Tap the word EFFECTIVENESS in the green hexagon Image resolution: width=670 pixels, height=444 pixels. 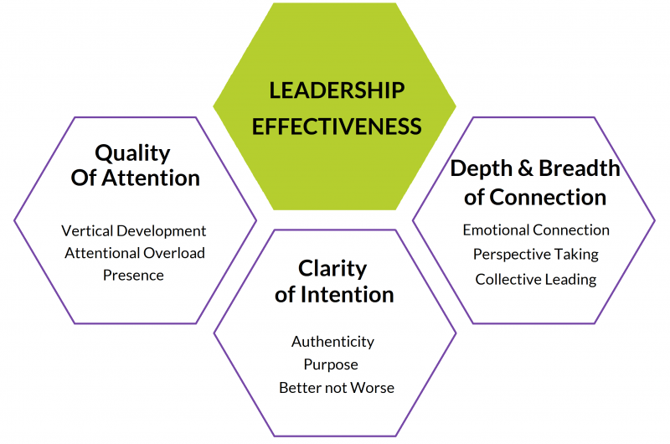tap(337, 126)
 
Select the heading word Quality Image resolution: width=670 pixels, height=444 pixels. tap(132, 152)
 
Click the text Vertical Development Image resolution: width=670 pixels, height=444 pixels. tap(134, 230)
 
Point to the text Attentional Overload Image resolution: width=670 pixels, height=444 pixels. tap(134, 252)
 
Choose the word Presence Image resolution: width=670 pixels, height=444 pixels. tap(134, 274)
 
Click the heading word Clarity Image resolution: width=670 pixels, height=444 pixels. tap(332, 268)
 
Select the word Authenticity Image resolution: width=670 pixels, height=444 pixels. tap(332, 342)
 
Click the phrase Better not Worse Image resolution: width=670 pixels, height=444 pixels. tap(337, 387)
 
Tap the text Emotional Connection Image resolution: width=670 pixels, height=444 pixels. tap(536, 230)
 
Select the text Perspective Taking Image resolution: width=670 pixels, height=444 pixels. tap(536, 254)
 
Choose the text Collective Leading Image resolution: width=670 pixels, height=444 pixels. tap(536, 279)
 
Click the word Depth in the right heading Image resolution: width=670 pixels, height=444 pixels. tap(482, 168)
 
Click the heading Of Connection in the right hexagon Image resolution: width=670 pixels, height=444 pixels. tap(536, 197)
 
